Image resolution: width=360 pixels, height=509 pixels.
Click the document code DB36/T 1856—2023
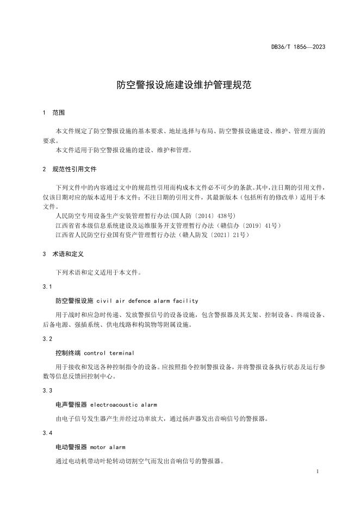[299, 47]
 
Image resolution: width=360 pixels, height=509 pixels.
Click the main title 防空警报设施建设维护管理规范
[180, 85]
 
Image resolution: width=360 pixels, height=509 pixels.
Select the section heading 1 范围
[53, 113]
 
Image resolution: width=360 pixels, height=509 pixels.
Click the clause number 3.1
[47, 286]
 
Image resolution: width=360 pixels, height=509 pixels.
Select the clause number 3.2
[47, 338]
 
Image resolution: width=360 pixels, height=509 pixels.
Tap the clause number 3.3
[47, 390]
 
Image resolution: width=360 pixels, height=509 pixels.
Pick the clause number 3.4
[47, 433]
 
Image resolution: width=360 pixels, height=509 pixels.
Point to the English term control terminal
[109, 353]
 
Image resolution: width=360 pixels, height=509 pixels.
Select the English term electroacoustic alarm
[123, 405]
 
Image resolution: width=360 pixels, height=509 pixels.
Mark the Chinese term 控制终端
[67, 353]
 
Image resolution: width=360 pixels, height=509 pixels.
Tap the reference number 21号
[239, 234]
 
